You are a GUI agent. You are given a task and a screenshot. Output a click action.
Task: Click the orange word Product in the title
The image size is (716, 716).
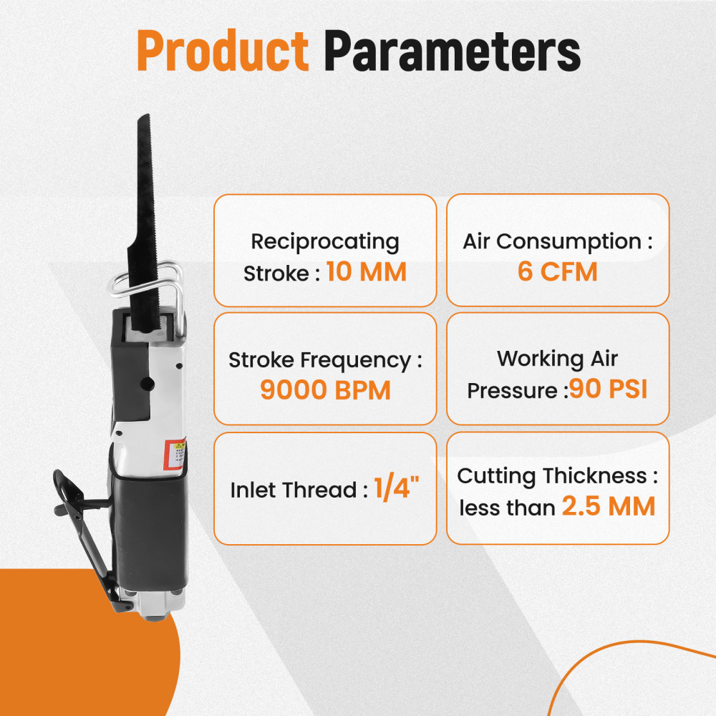tap(222, 51)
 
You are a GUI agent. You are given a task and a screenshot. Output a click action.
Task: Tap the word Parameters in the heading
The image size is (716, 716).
tap(451, 51)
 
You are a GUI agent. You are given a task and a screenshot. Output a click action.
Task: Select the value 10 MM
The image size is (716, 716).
tap(366, 273)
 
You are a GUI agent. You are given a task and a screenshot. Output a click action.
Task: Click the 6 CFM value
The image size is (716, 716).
tap(557, 273)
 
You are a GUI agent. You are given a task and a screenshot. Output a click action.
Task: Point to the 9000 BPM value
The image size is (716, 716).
tap(325, 391)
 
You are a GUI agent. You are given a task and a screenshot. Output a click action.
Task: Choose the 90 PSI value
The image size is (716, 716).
tap(609, 390)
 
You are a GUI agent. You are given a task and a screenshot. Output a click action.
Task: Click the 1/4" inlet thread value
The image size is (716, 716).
tap(396, 490)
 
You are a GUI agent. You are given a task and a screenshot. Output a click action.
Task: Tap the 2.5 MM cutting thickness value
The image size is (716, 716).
tap(608, 507)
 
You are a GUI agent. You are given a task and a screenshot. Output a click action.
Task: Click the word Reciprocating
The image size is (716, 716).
tap(325, 241)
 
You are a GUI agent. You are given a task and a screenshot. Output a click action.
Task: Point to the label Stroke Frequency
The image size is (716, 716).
tap(319, 360)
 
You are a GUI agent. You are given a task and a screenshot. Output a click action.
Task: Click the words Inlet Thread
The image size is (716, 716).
tap(294, 491)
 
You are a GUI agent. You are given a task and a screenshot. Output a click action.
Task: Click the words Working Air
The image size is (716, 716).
tap(557, 358)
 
